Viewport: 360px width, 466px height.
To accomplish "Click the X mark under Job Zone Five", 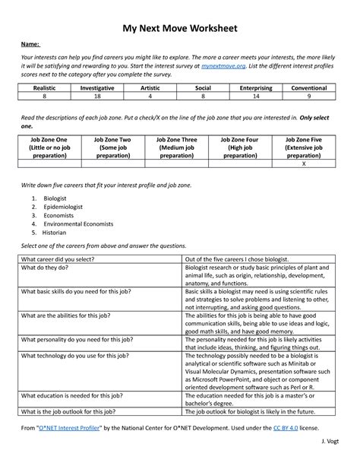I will (304, 164).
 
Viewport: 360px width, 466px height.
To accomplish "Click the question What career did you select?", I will (58, 258).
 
